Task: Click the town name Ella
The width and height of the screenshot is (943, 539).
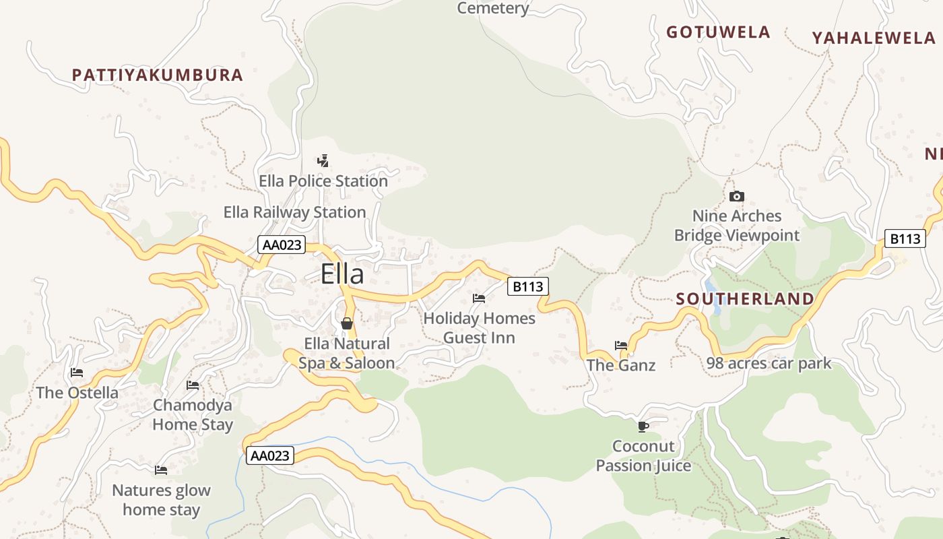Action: (342, 274)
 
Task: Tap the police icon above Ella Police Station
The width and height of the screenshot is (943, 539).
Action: (323, 160)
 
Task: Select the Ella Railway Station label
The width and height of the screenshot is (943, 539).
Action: (294, 212)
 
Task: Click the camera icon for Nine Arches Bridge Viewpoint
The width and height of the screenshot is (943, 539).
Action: (737, 196)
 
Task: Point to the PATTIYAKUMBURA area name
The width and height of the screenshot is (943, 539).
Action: (158, 75)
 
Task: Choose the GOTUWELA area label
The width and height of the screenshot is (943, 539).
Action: (718, 32)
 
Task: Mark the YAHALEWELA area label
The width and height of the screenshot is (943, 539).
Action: (874, 38)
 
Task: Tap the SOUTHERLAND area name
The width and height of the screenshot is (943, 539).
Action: (745, 298)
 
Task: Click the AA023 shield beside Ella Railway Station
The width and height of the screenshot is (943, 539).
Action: (282, 245)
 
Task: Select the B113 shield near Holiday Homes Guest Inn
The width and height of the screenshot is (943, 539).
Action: (527, 286)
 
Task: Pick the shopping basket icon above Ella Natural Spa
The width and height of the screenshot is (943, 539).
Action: (347, 323)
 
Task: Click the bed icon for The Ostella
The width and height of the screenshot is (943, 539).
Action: (77, 373)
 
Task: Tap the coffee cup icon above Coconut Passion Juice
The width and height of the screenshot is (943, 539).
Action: (643, 426)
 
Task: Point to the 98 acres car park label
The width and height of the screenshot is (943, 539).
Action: (769, 364)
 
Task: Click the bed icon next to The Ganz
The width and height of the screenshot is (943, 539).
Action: (621, 346)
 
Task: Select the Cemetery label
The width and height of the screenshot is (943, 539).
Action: (493, 8)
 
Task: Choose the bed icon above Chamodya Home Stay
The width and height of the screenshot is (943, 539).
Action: (193, 385)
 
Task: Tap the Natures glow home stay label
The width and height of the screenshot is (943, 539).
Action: (161, 500)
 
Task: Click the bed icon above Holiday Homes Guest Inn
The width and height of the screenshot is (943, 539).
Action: (479, 298)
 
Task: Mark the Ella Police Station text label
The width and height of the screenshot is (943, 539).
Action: (323, 181)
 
